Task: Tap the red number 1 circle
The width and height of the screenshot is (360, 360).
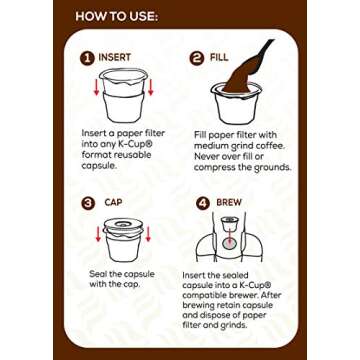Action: pos(87,59)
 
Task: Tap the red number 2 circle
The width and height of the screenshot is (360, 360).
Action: pos(196,59)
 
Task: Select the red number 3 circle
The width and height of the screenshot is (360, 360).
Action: pos(87,203)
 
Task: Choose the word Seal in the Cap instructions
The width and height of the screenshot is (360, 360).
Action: pos(98,273)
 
